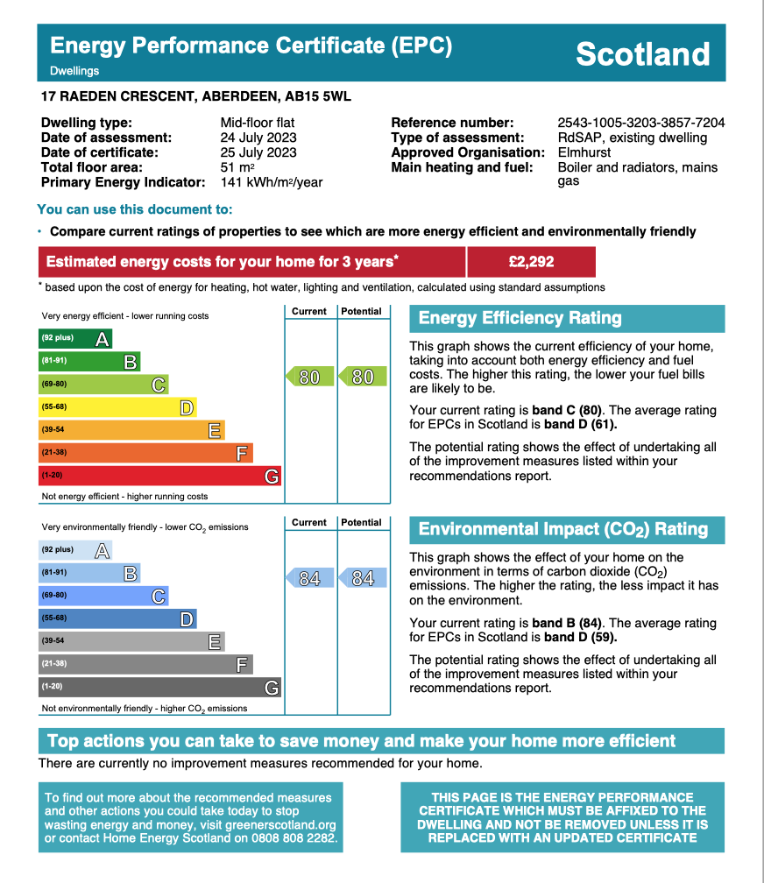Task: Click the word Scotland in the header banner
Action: tap(642, 54)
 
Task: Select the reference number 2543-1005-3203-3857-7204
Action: tap(640, 123)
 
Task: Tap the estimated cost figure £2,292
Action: tap(531, 261)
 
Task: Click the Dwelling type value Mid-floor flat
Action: tap(258, 123)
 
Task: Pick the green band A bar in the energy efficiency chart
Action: tap(75, 338)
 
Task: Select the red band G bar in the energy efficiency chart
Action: tap(159, 475)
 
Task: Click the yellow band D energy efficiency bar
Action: tap(117, 406)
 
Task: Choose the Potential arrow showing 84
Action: tap(362, 578)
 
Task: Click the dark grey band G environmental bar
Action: tap(159, 687)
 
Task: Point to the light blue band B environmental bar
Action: tap(89, 573)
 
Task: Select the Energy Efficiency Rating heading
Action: tap(520, 318)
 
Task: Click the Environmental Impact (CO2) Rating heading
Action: tap(563, 529)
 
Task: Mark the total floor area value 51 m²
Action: tap(237, 167)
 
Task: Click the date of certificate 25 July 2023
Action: tap(258, 152)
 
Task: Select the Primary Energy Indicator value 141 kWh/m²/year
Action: tap(272, 182)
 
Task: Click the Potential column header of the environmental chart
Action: tap(362, 522)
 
